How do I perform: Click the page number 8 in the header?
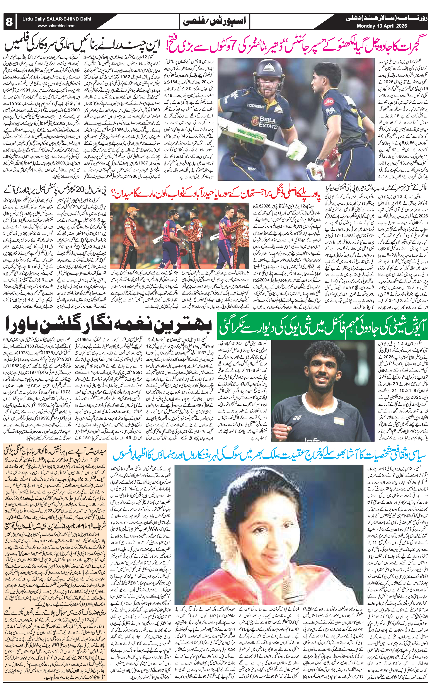tap(9, 22)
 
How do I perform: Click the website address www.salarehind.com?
tap(57, 26)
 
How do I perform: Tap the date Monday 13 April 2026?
tap(382, 26)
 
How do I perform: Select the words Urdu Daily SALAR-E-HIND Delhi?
tap(57, 19)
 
